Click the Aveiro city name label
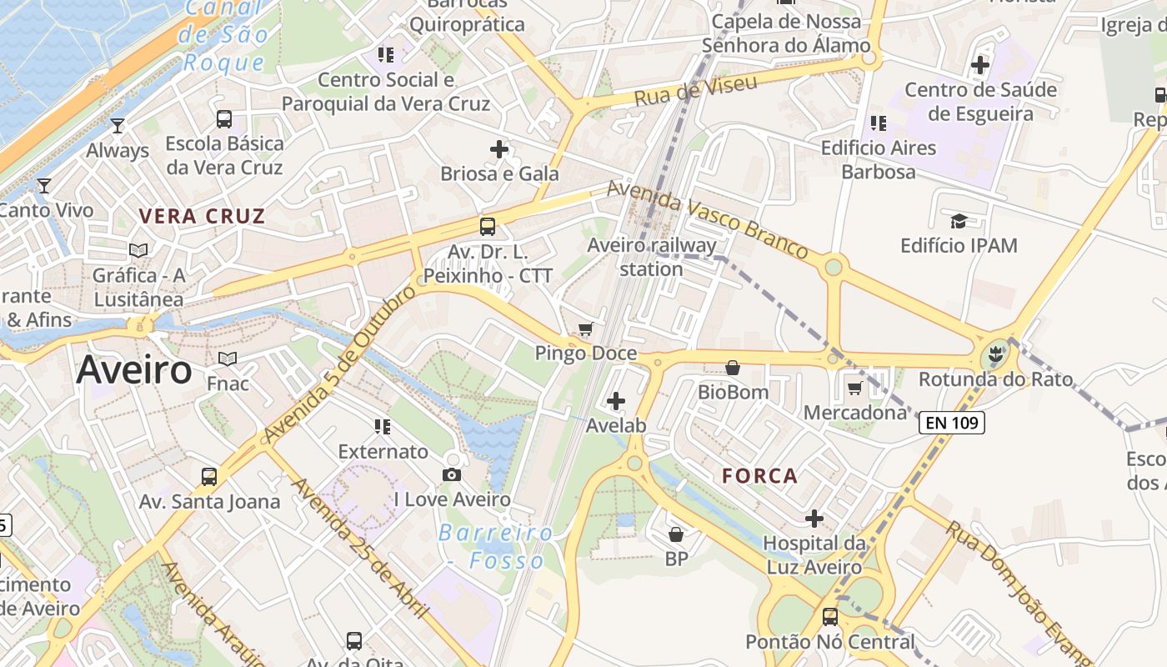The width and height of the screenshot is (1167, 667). (x=134, y=370)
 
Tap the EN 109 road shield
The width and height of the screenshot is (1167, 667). (x=952, y=423)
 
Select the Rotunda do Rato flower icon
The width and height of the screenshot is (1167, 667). (x=994, y=354)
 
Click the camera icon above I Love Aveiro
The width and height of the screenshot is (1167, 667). (x=452, y=474)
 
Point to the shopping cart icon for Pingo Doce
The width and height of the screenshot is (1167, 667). (x=586, y=328)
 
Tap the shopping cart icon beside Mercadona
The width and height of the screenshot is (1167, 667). (x=854, y=388)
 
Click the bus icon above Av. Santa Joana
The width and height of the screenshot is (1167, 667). (x=209, y=477)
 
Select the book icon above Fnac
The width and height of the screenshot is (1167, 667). (x=228, y=359)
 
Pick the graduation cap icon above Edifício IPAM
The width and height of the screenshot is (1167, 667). (x=959, y=221)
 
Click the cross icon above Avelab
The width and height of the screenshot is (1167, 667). (x=616, y=401)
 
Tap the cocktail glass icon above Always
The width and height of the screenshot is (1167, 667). (x=118, y=126)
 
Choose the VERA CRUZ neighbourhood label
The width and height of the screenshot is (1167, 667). (x=202, y=217)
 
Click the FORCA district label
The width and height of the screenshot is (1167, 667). (x=760, y=476)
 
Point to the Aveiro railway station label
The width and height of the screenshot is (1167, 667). (x=652, y=257)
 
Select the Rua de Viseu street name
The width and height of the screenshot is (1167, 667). (x=695, y=90)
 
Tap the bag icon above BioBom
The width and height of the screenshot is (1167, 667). (x=733, y=367)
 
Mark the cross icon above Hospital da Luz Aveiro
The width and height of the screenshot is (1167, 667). (x=814, y=519)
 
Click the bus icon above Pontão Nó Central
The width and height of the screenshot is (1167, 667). (x=830, y=617)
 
